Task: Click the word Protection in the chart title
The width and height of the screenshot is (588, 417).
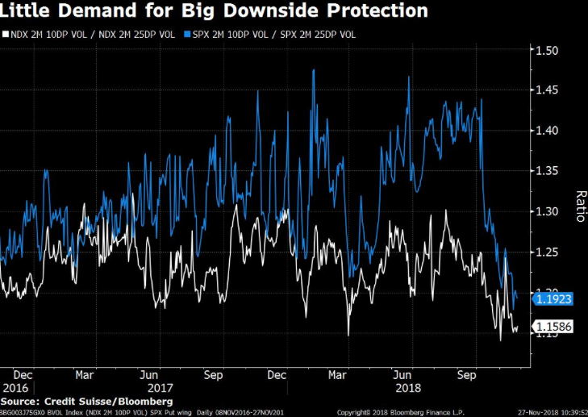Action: coord(360,11)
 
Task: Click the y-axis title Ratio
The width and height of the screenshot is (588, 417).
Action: coord(578,206)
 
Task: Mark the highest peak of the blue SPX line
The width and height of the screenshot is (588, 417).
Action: coord(311,71)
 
